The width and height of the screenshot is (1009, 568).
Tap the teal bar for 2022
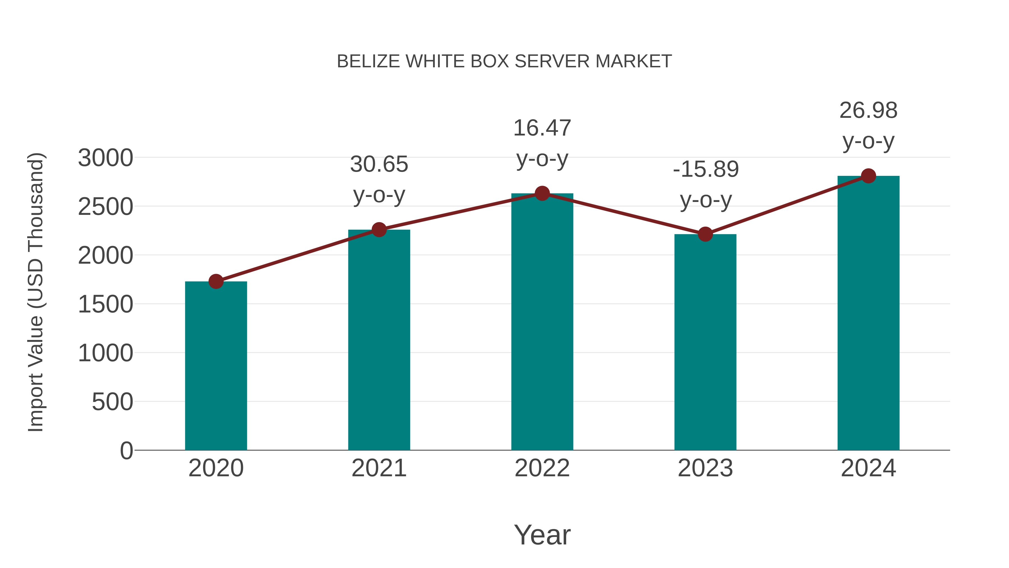(x=542, y=321)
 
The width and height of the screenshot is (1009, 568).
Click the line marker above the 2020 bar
(x=216, y=281)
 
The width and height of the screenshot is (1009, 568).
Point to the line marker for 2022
(x=542, y=193)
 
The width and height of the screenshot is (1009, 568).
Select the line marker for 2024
(x=868, y=176)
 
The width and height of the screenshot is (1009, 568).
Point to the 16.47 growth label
(x=542, y=128)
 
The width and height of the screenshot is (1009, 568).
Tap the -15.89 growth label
(x=705, y=169)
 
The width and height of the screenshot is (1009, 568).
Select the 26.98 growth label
(x=868, y=111)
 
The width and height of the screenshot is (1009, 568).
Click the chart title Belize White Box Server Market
(x=504, y=61)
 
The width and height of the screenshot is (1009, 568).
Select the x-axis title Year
(x=542, y=535)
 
